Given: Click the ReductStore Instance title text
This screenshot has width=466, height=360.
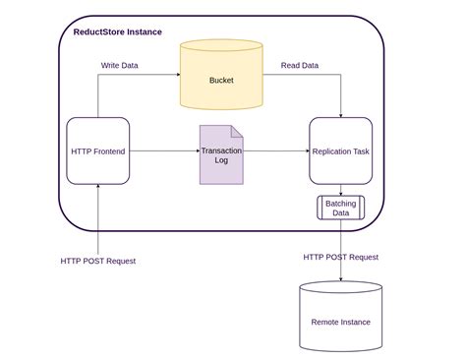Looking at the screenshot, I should coord(117,31).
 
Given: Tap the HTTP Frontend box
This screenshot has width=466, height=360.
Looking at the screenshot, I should coord(97,150).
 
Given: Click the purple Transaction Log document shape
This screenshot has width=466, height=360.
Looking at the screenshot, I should coord(221,154).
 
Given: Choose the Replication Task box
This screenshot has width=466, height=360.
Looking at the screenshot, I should coord(340,150).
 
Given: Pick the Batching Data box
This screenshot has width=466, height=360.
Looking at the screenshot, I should coord(340,208).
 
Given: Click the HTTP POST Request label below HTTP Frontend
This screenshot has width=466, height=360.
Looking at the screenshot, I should coord(97,261).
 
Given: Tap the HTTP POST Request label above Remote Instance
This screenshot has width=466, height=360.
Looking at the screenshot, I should coord(340,257).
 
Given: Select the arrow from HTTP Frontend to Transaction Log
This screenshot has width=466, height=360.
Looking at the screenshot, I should coord(164,150).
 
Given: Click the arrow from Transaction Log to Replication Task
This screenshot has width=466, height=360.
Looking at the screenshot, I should coord(276,150).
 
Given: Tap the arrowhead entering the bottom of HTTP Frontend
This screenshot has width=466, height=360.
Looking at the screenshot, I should coord(97,189).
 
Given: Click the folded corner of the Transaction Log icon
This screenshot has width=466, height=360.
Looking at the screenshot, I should coord(237,130).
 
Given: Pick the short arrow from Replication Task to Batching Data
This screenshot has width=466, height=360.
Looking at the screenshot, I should coord(340,190).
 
